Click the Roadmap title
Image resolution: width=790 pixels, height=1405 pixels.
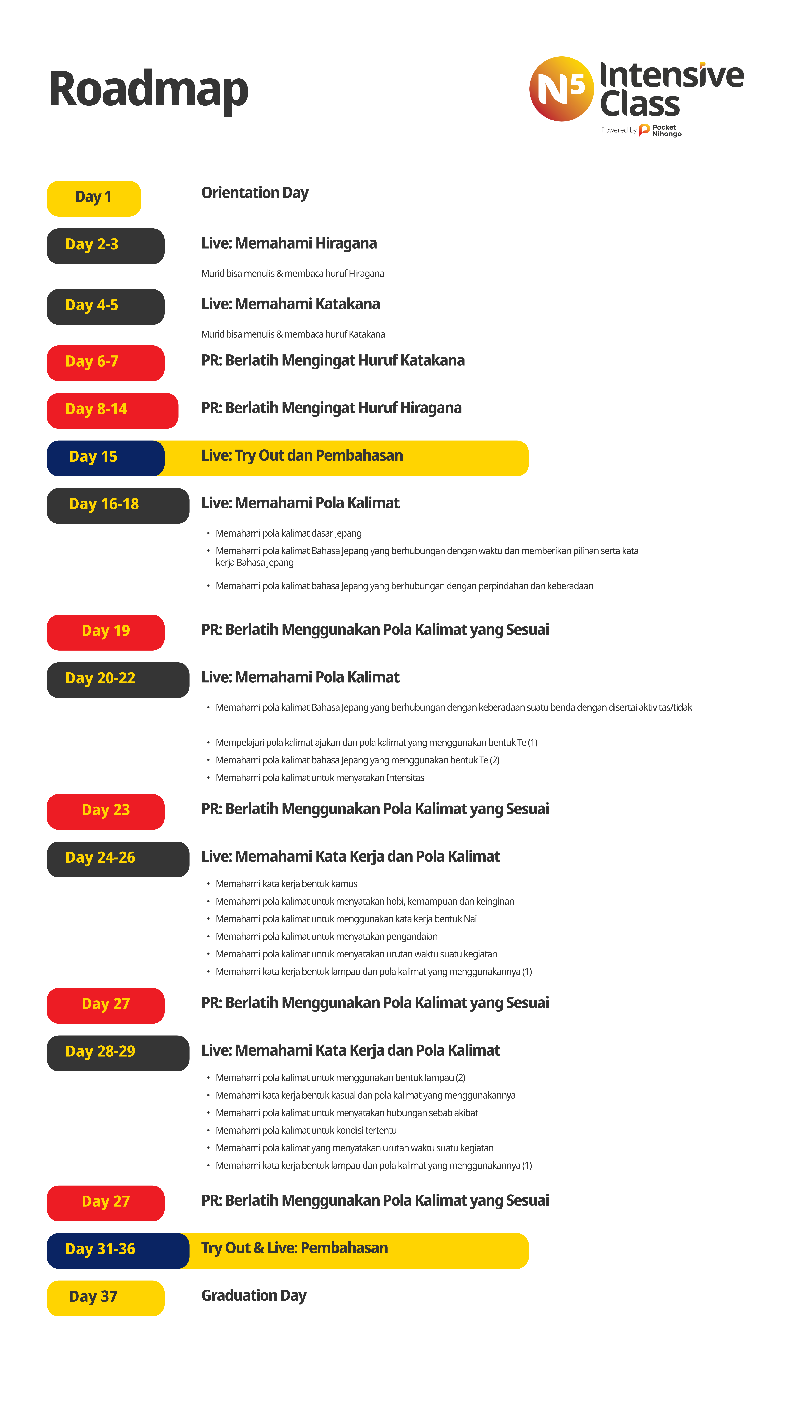pyautogui.click(x=148, y=89)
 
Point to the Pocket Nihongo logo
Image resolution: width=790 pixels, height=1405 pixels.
pyautogui.click(x=660, y=130)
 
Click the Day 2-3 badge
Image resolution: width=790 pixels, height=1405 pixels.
pyautogui.click(x=105, y=245)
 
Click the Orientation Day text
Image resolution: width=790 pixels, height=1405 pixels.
pyautogui.click(x=255, y=193)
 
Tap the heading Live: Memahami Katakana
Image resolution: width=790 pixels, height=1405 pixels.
pyautogui.click(x=291, y=304)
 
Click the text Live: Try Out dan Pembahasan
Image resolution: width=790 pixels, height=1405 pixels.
pyautogui.click(x=302, y=456)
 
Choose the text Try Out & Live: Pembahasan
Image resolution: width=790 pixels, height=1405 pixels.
pyautogui.click(x=294, y=1248)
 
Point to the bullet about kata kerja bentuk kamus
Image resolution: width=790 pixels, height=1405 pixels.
pyautogui.click(x=286, y=884)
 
